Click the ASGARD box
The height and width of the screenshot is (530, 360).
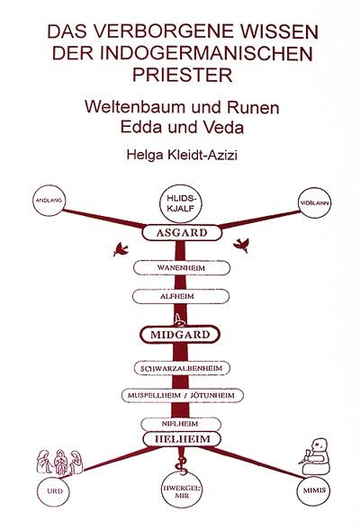tap(182, 232)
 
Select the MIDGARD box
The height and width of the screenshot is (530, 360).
tap(180, 335)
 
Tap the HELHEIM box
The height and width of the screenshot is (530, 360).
tap(182, 439)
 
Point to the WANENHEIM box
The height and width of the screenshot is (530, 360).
tap(182, 268)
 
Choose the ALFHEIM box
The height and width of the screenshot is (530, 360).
tap(181, 296)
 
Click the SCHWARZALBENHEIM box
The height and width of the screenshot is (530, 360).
tap(182, 368)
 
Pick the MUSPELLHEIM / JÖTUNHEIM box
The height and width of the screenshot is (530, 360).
tap(183, 395)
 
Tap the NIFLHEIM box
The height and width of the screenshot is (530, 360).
tap(181, 424)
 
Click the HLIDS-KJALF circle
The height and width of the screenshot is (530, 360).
tap(181, 203)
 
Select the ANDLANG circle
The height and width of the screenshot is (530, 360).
tap(49, 201)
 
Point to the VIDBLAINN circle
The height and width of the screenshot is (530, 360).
tap(315, 203)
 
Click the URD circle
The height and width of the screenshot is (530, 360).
tap(54, 491)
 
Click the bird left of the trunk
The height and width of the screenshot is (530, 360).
tap(121, 249)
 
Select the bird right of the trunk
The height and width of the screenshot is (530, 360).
tap(241, 245)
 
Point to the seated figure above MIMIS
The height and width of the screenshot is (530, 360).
tap(315, 456)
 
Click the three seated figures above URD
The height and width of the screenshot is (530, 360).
tap(59, 462)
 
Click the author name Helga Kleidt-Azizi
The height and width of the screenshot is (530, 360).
tap(182, 155)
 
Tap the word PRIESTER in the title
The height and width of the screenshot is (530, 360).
tap(182, 75)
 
